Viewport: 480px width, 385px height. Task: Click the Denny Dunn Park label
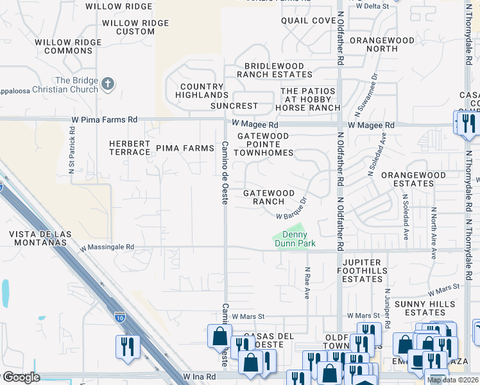(x=291, y=239)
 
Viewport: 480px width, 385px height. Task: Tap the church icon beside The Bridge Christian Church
(x=108, y=83)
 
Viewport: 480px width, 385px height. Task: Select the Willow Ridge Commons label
(x=68, y=46)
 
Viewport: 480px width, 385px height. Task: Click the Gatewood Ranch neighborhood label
(x=268, y=197)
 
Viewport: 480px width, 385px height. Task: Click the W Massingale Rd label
(x=107, y=246)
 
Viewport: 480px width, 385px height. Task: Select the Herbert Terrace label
(x=129, y=148)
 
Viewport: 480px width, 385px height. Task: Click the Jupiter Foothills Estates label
(x=363, y=271)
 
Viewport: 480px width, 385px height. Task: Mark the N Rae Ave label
(x=307, y=283)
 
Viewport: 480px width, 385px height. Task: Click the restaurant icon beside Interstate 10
(x=126, y=347)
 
